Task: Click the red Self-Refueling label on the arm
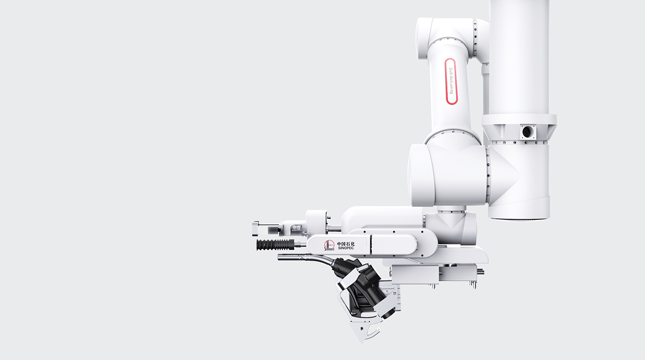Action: pos(451,81)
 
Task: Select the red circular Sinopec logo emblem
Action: pos(329,246)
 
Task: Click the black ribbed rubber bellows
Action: pos(275,245)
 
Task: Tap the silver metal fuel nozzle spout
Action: pos(302,258)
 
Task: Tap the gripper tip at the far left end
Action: pos(255,228)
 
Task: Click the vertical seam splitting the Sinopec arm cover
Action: pos(370,245)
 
